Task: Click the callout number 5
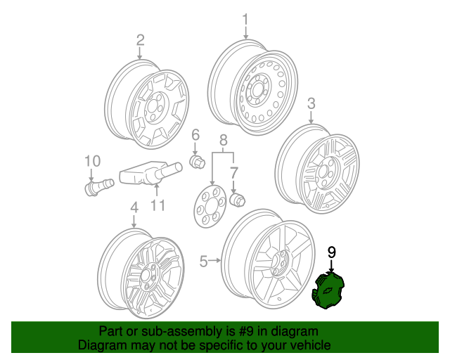click(203, 262)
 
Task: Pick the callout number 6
click(196, 134)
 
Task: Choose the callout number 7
click(235, 172)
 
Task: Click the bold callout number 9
click(332, 251)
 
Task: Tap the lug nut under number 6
click(198, 163)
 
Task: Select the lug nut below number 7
click(238, 200)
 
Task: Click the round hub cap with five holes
click(210, 205)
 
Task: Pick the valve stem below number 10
click(95, 188)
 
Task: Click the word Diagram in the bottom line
click(101, 345)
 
